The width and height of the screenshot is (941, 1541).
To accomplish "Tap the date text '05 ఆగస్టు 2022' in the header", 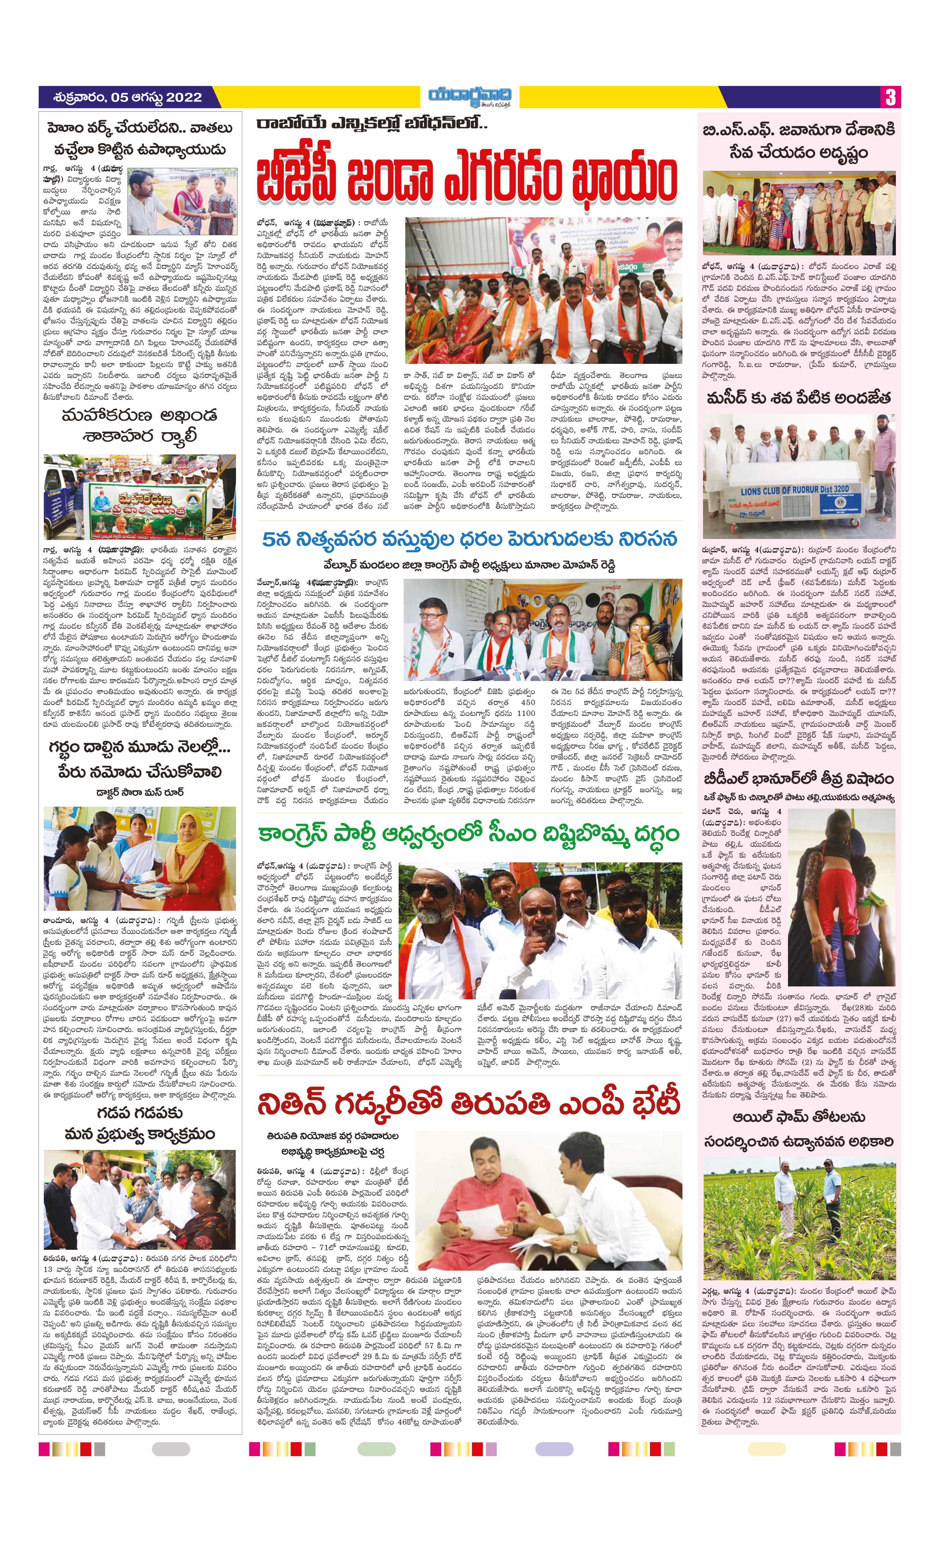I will (x=156, y=98).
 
